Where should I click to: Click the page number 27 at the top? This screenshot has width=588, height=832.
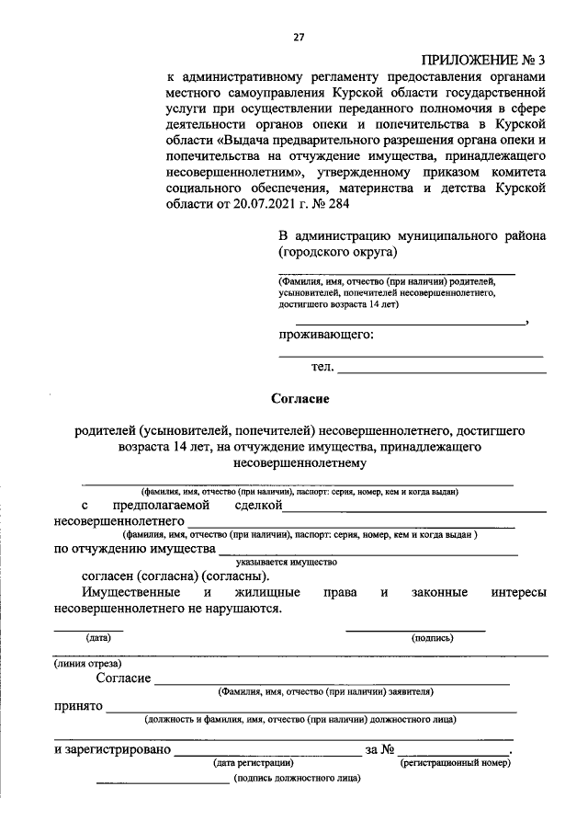coord(299,38)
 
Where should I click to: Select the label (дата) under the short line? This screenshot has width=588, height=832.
coord(97,637)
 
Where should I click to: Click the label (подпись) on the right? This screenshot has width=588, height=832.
coord(432,637)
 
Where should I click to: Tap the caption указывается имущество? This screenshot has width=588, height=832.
coord(287,561)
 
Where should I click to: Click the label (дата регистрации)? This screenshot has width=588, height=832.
coord(253,763)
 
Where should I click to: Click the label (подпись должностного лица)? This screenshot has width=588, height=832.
coord(298,778)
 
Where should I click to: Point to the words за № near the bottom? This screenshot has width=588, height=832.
coord(379,750)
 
